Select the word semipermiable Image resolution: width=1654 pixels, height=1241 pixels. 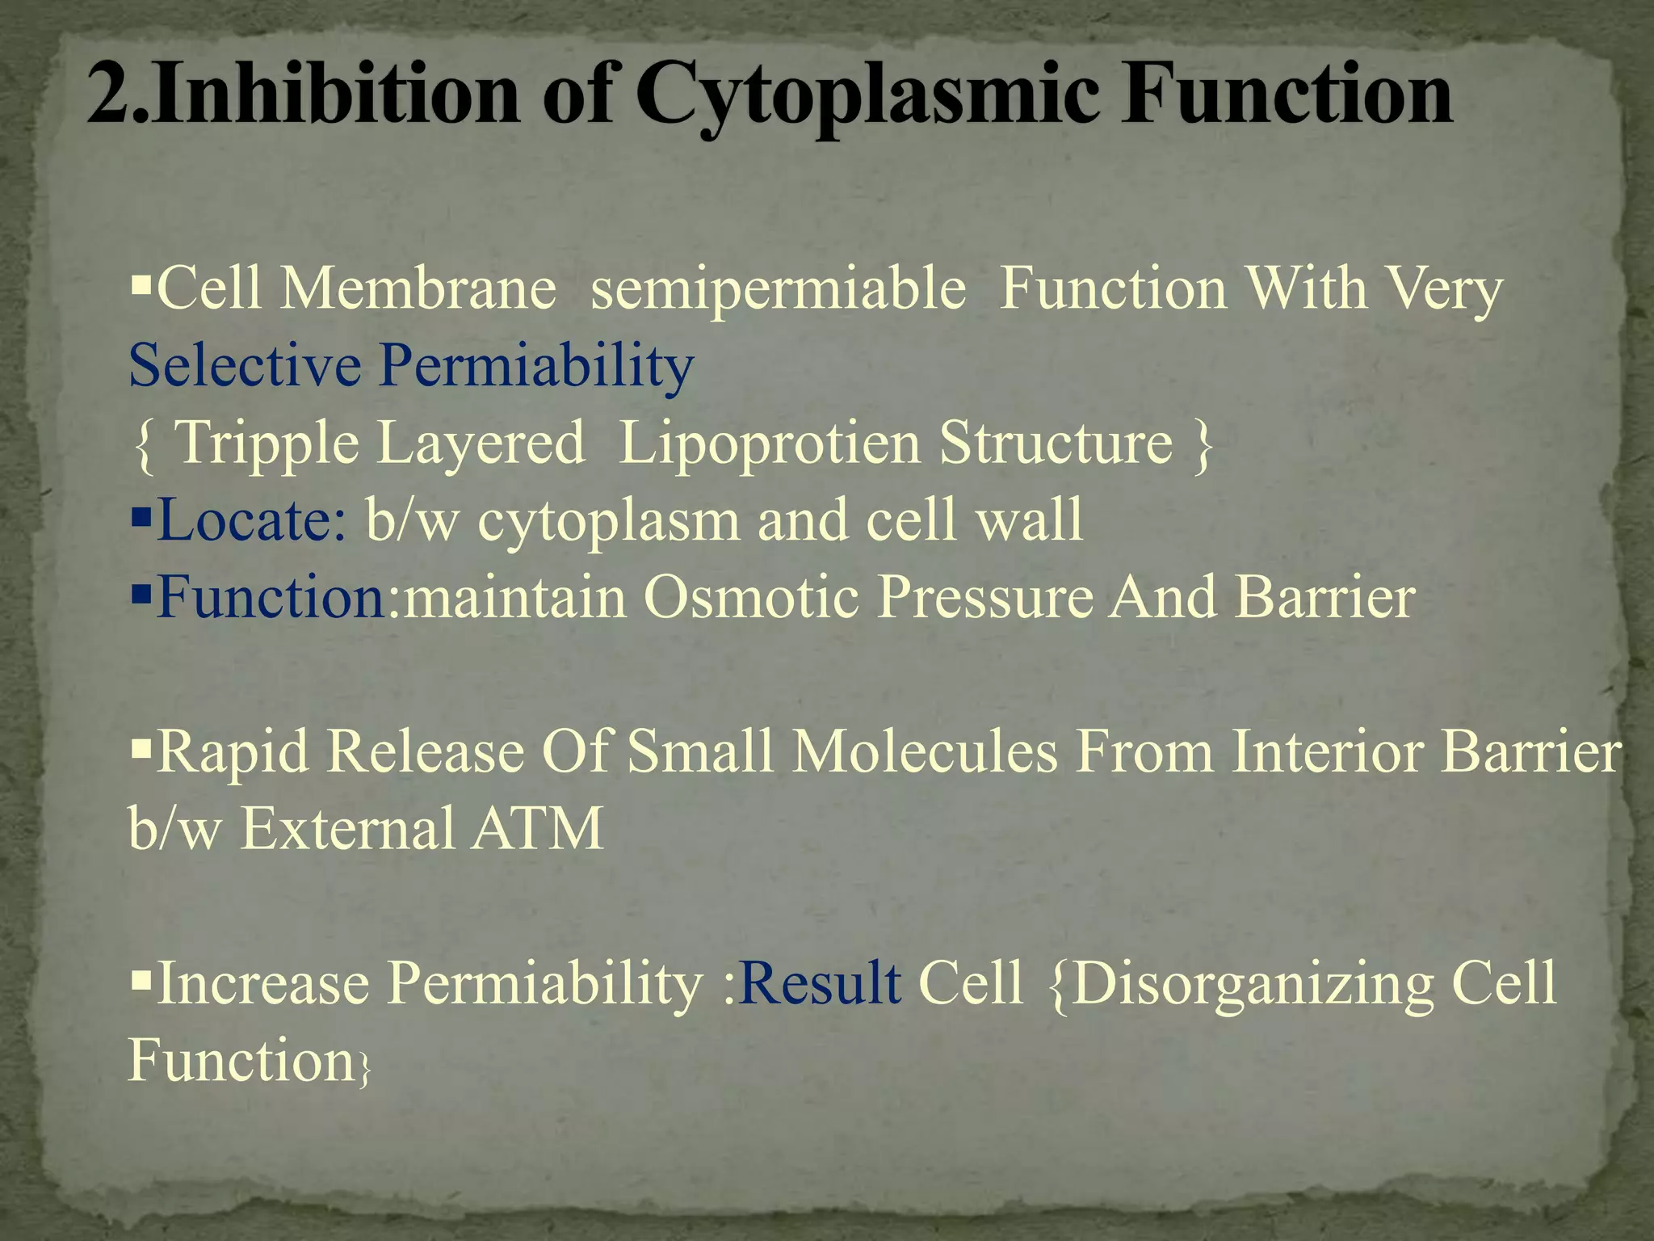[x=778, y=289]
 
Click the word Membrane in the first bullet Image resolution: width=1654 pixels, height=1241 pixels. [x=418, y=288]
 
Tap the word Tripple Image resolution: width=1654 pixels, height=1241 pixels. [x=267, y=444]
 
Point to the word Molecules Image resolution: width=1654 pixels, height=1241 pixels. [x=924, y=752]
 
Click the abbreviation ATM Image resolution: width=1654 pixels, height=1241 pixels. [x=537, y=829]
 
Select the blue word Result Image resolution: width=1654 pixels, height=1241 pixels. [x=820, y=983]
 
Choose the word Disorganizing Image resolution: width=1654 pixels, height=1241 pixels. [x=1252, y=985]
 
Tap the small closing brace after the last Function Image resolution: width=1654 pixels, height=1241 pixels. [x=364, y=1069]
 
